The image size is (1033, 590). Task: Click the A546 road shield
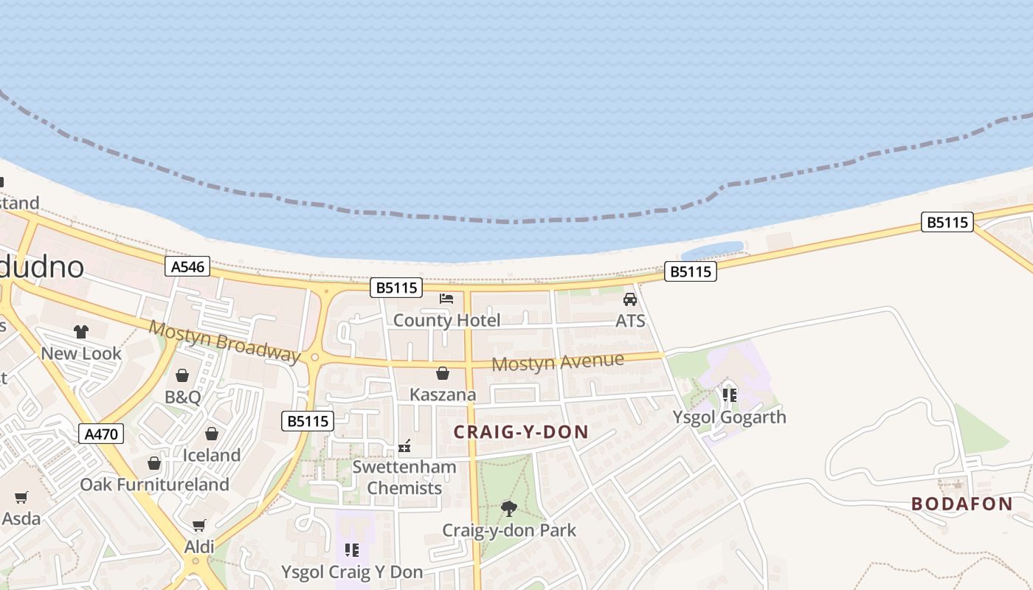187,266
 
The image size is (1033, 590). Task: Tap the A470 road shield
100,434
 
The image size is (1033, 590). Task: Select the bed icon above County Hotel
446,299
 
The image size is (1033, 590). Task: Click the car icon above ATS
630,299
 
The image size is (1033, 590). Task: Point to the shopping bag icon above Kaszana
443,374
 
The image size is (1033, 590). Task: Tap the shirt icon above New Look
81,332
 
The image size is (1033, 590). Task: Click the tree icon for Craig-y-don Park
508,508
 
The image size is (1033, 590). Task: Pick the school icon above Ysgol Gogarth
729,395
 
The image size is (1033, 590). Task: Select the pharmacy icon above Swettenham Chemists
404,445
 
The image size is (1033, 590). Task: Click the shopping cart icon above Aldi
198,525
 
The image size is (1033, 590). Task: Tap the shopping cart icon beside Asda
21,498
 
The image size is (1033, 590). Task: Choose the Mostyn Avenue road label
558,362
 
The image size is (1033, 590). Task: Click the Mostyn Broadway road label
225,341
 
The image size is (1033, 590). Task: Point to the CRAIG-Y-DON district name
521,432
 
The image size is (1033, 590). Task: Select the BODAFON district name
961,504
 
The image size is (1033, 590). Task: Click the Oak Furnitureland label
154,485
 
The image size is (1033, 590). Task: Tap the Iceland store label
211,455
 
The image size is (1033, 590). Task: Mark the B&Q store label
182,397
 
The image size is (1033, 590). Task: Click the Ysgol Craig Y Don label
352,572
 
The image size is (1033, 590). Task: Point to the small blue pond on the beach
712,249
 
